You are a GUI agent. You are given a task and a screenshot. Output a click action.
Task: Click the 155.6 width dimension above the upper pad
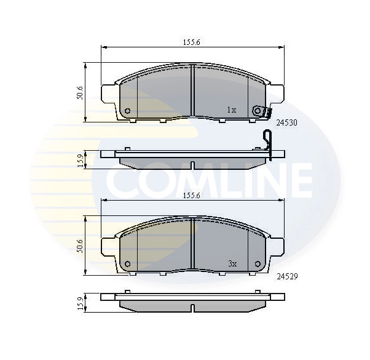[192, 42]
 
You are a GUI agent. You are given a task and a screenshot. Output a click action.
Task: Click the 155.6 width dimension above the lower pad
[192, 195]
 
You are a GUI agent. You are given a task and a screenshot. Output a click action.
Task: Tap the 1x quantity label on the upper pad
[231, 110]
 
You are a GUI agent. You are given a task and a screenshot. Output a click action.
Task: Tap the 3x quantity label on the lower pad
[232, 263]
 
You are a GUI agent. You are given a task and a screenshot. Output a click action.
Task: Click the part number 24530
[286, 122]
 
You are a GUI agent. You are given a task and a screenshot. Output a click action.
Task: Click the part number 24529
[286, 276]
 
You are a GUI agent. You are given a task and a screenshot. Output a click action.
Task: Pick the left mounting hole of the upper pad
[127, 111]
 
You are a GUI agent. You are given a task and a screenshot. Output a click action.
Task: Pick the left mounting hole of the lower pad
[127, 265]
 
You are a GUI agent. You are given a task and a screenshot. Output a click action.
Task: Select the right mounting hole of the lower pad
[257, 265]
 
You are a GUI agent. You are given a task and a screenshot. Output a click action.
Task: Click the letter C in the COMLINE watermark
[123, 180]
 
